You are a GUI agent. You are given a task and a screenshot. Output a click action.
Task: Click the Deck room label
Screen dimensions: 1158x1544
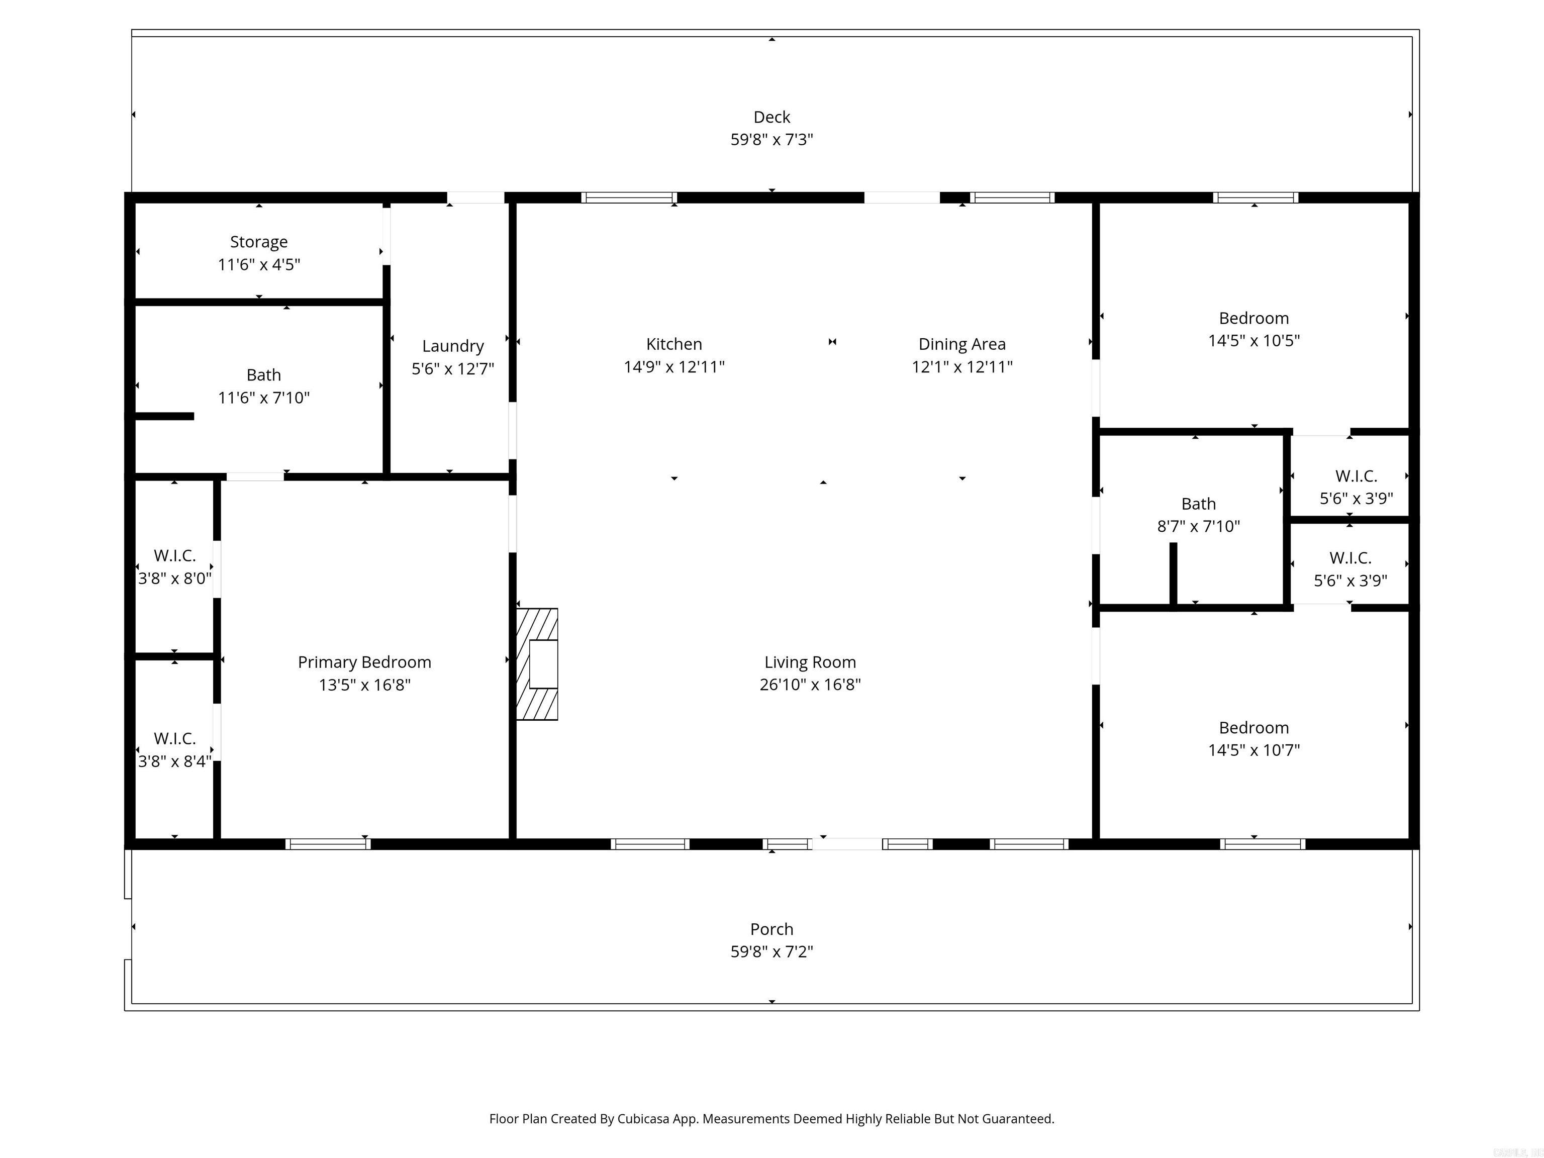[771, 117]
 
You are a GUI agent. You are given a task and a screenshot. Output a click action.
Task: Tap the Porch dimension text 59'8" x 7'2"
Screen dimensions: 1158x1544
[771, 951]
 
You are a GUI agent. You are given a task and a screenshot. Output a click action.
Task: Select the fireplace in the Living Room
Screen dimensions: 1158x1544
[537, 664]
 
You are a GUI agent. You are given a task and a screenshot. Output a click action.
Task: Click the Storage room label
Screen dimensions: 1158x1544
[259, 242]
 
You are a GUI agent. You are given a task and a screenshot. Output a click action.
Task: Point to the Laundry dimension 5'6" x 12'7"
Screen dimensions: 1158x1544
[452, 368]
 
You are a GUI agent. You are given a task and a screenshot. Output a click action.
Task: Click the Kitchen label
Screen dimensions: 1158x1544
[673, 344]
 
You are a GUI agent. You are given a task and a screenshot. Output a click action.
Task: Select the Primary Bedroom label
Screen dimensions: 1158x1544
[364, 662]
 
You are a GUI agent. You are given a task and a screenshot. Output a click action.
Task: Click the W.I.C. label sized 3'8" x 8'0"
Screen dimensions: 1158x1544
[174, 555]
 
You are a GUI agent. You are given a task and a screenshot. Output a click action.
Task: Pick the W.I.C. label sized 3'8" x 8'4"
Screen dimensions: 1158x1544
[174, 738]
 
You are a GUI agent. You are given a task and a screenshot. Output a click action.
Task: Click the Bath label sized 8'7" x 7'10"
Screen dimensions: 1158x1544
[1198, 504]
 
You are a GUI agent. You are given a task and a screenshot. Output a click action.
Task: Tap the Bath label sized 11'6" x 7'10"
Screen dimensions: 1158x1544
[264, 375]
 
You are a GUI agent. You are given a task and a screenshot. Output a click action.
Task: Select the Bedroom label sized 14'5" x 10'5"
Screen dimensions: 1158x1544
[1253, 318]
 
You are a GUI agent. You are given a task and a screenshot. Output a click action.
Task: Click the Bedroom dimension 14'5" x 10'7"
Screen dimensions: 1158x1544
[1253, 750]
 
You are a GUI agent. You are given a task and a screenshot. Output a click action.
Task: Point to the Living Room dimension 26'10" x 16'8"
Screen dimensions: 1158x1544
[810, 685]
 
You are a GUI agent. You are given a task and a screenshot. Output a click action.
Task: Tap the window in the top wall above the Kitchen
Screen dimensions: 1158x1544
[629, 198]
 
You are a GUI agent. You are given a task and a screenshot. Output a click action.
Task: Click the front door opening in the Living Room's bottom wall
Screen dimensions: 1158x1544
[847, 844]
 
